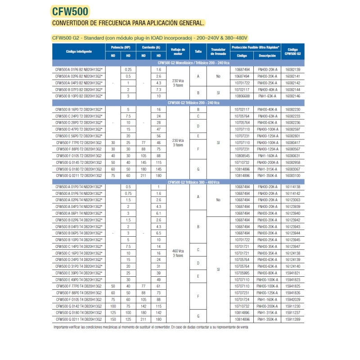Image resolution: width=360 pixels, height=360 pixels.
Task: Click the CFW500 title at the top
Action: [x=71, y=11]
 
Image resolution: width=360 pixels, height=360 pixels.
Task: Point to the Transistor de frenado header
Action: [x=218, y=52]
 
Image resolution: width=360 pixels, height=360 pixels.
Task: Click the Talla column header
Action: [x=198, y=52]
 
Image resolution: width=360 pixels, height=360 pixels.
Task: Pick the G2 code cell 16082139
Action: [x=293, y=70]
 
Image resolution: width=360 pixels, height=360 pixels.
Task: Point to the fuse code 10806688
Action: [x=242, y=96]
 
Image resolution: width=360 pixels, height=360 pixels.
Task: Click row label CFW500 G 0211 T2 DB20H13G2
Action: [x=79, y=175]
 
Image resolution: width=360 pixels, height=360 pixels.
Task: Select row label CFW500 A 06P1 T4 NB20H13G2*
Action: [x=79, y=213]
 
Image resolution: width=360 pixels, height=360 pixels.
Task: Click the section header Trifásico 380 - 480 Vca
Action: [x=193, y=182]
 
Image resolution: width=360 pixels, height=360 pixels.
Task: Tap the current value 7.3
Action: [x=158, y=90]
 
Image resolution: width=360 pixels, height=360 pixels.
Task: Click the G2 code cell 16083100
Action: [x=293, y=175]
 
